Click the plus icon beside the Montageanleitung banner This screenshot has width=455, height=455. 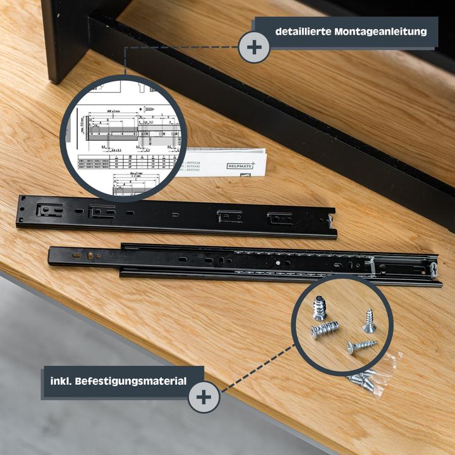coord(254,47)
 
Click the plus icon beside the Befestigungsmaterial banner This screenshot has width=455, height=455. coord(204,397)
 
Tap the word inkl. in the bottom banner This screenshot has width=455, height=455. coord(65,381)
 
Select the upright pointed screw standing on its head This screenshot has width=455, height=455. coord(368,321)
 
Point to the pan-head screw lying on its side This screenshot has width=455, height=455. coord(361,346)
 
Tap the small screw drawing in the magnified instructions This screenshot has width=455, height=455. coord(150,109)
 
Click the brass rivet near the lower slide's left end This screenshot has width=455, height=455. coord(90,255)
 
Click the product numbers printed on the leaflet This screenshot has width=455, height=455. coord(199,165)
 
